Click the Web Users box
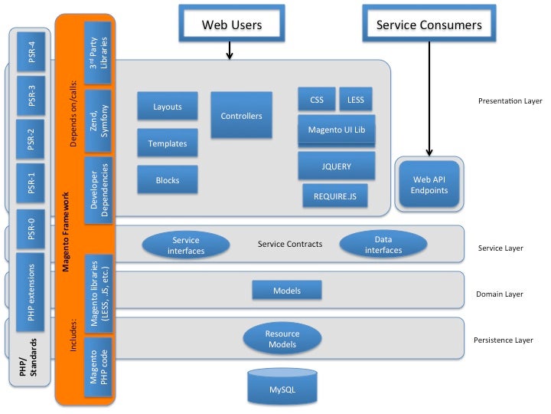pos(231,25)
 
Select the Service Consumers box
pos(429,25)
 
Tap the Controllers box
pos(241,116)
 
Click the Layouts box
pos(168,107)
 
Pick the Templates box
pos(168,143)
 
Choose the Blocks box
pos(168,180)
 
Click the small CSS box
pos(317,100)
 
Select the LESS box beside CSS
pos(355,100)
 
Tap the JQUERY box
pos(336,165)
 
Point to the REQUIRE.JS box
pos(335,195)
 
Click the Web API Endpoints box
pos(429,185)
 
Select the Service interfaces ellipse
pos(185,245)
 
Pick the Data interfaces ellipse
pos(383,245)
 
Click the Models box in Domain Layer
pos(286,291)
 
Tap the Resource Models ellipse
pos(282,339)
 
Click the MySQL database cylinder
pos(282,387)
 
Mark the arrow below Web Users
pos(229,50)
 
